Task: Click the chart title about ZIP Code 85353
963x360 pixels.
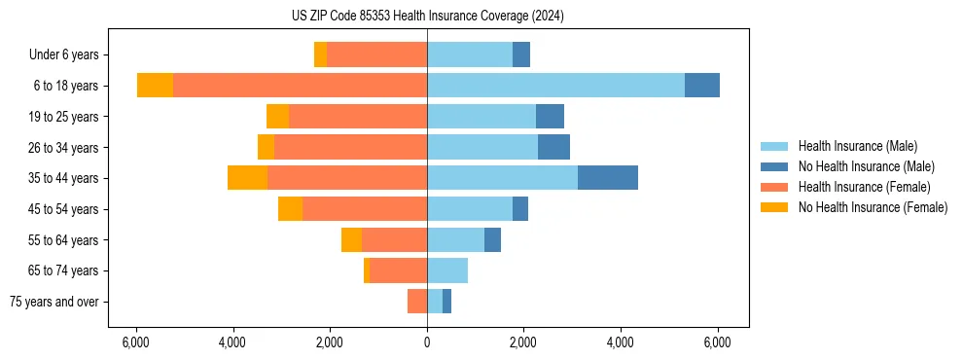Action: [427, 17]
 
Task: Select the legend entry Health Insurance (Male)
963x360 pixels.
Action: [857, 146]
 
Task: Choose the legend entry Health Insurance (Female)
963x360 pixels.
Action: [864, 187]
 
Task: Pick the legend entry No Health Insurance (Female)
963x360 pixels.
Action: [873, 207]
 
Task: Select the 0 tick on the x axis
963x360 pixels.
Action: [427, 342]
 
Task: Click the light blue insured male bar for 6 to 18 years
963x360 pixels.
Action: [555, 86]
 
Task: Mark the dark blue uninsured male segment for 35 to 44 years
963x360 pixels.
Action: [608, 178]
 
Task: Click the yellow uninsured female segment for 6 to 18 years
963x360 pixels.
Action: [156, 86]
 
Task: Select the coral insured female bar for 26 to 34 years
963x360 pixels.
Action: [350, 147]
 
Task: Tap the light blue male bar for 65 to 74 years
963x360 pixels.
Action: [447, 270]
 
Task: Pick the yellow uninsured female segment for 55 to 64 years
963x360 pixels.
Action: [352, 239]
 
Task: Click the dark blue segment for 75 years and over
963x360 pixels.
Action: [446, 302]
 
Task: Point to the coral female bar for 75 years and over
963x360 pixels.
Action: [417, 302]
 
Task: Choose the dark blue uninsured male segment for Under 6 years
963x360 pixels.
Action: [521, 55]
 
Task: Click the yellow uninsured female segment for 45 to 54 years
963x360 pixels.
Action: [290, 209]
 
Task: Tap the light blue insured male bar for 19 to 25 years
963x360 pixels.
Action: [481, 117]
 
